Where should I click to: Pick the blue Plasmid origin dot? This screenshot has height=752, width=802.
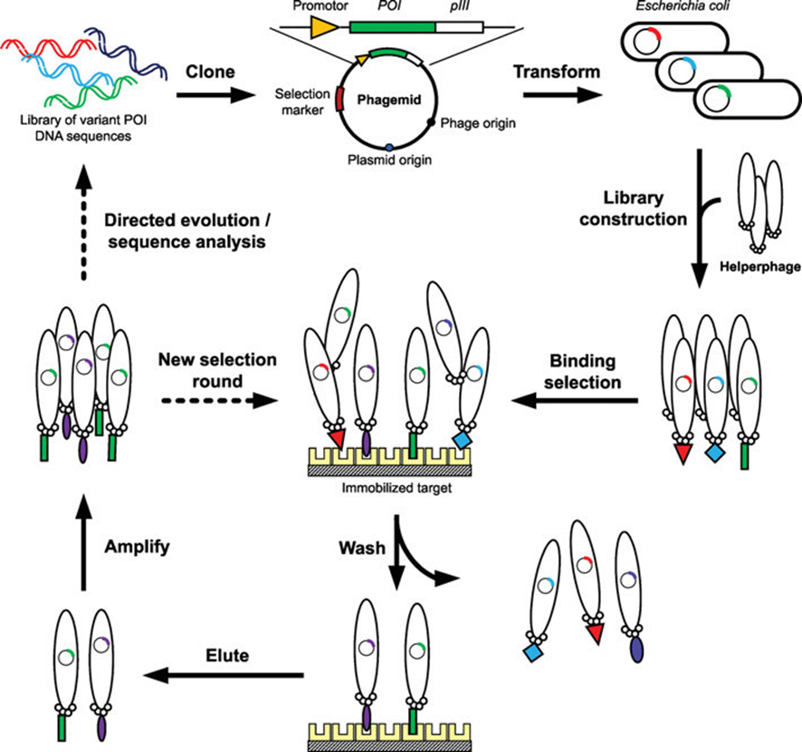click(389, 147)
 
